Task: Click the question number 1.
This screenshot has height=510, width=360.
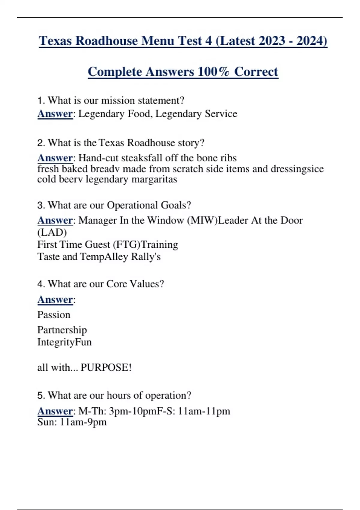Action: [x=41, y=100]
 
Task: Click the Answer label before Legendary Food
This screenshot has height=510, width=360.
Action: [x=55, y=114]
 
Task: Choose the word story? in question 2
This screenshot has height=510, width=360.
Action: [x=191, y=143]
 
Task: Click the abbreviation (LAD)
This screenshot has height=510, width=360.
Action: [x=52, y=232]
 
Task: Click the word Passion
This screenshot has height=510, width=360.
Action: [x=54, y=315]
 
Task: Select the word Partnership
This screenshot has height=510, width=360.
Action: [x=62, y=330]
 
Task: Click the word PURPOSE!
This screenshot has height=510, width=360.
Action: [x=106, y=367]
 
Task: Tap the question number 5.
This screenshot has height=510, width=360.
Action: [x=41, y=395]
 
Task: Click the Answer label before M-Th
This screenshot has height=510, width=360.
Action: [x=55, y=411]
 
